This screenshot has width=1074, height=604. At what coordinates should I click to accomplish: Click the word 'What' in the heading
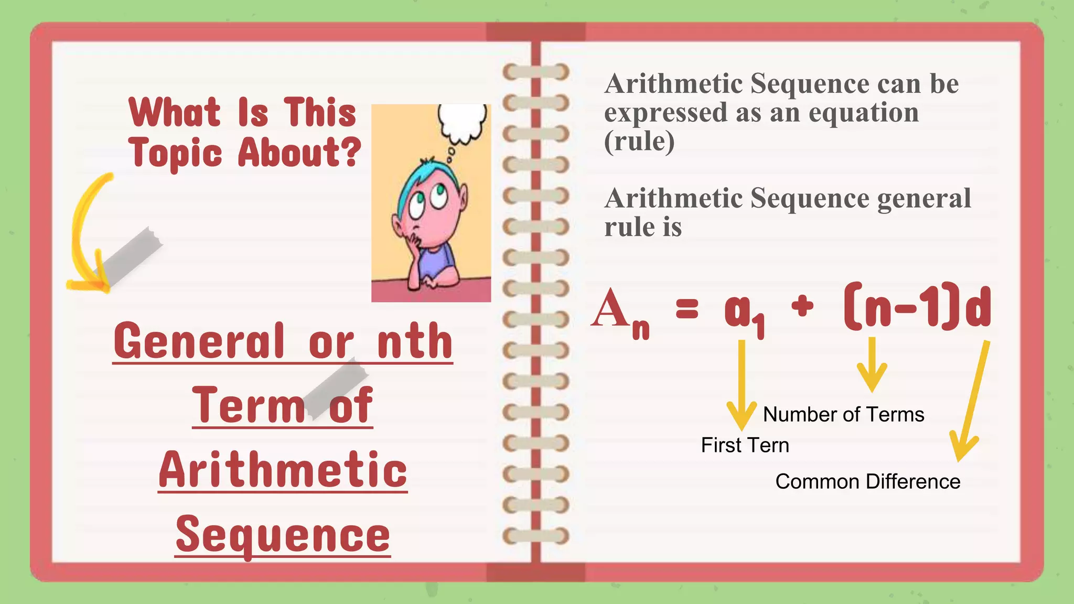(175, 112)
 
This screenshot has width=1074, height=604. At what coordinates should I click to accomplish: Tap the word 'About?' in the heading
(299, 153)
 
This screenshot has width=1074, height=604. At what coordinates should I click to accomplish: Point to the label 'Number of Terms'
(843, 415)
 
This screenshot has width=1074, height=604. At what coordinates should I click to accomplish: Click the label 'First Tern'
(745, 446)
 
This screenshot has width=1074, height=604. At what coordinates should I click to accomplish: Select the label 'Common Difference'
(867, 482)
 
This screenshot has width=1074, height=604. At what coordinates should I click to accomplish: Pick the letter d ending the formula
(978, 308)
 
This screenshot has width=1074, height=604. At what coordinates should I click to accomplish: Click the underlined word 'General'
(199, 341)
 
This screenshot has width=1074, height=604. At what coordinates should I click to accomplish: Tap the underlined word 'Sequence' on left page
(283, 535)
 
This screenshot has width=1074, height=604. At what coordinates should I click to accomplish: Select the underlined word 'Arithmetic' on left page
(283, 470)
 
